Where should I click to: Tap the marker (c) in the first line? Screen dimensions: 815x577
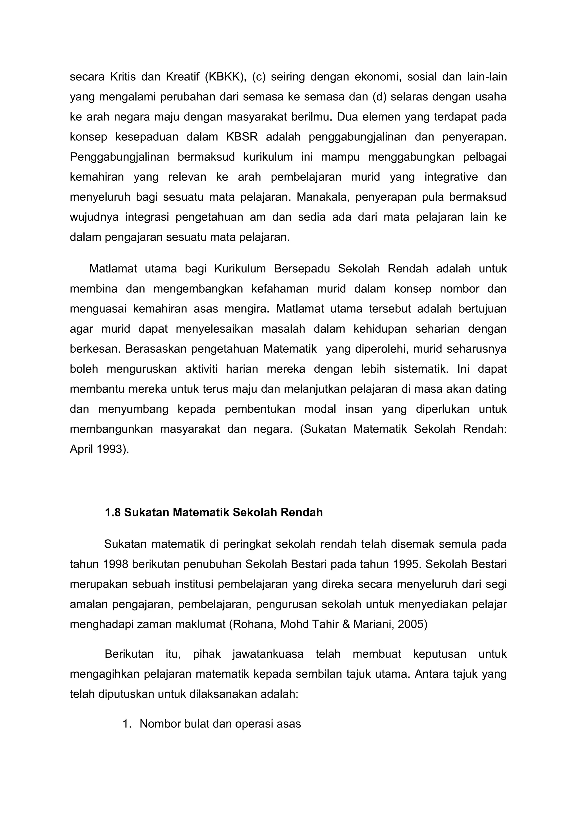pos(259,77)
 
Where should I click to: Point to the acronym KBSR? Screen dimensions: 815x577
pos(242,137)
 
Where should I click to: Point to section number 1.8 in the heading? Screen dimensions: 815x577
pos(113,512)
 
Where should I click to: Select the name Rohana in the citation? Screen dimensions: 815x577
pos(253,624)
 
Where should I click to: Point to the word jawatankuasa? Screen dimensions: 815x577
pos(268,654)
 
